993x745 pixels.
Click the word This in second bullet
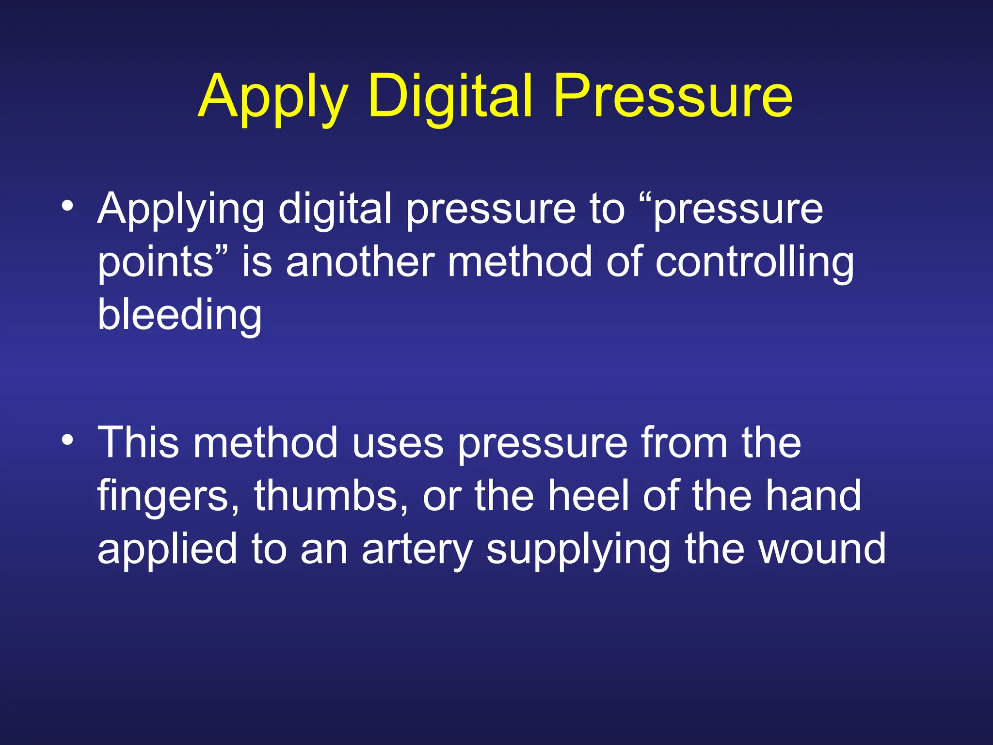(x=138, y=442)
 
